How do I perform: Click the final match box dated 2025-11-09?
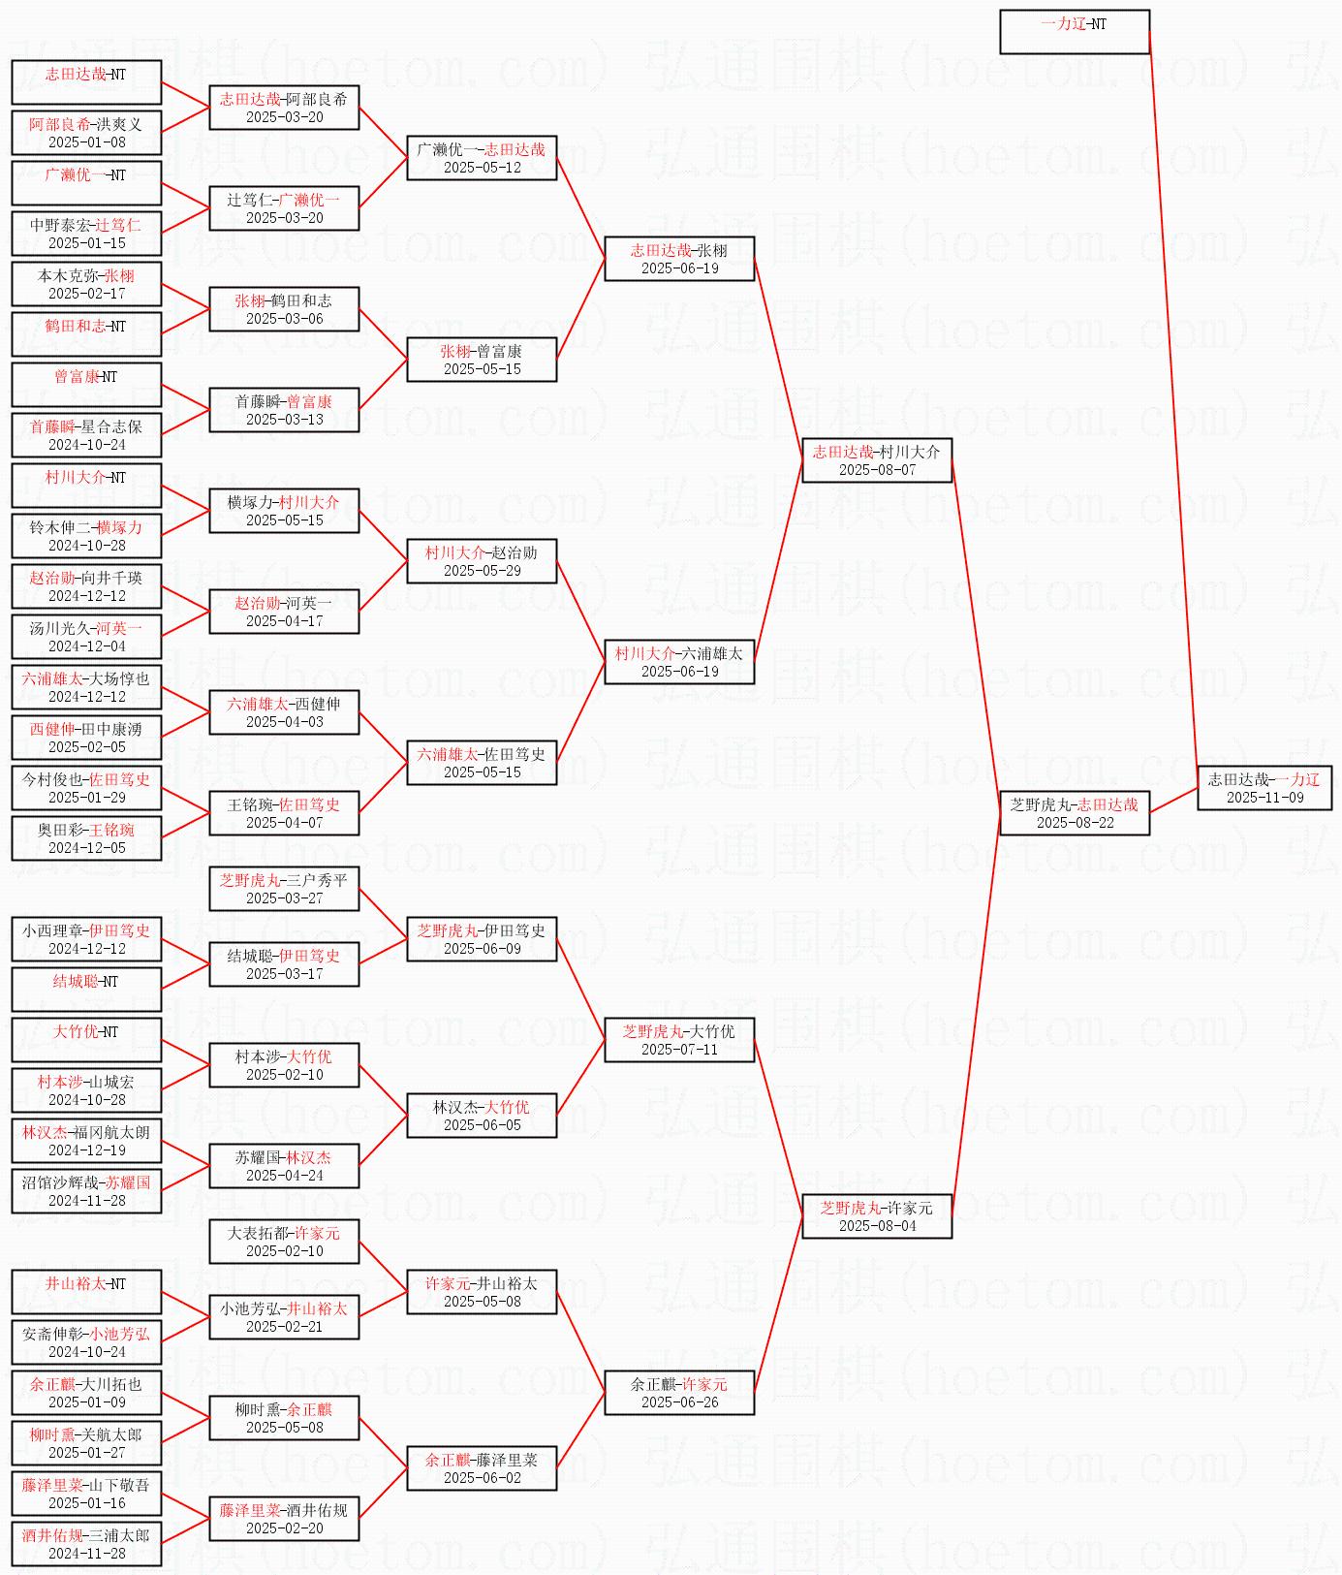pyautogui.click(x=1264, y=788)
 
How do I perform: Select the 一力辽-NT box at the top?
pyautogui.click(x=1075, y=32)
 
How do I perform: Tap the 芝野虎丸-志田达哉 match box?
pyautogui.click(x=1075, y=813)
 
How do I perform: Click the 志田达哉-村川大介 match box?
pyautogui.click(x=877, y=460)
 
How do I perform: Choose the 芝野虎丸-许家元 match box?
pyautogui.click(x=877, y=1216)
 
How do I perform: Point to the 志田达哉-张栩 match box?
pyautogui.click(x=679, y=259)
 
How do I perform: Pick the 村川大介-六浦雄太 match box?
pyautogui.click(x=679, y=662)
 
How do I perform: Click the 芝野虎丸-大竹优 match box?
pyautogui.click(x=679, y=1040)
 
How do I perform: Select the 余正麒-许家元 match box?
pyautogui.click(x=679, y=1393)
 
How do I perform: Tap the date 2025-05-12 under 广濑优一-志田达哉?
pyautogui.click(x=482, y=168)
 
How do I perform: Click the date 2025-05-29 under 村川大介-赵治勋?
pyautogui.click(x=482, y=571)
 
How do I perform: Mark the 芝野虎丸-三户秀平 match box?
pyautogui.click(x=284, y=889)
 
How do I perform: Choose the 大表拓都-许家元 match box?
pyautogui.click(x=284, y=1242)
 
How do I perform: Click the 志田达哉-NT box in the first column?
pyautogui.click(x=86, y=82)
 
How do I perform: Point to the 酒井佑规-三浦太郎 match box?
pyautogui.click(x=86, y=1544)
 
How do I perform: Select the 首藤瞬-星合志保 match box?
pyautogui.click(x=86, y=435)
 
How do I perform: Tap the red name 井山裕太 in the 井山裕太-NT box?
pyautogui.click(x=75, y=1283)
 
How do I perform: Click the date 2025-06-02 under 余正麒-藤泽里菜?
pyautogui.click(x=482, y=1478)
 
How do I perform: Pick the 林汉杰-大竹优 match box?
pyautogui.click(x=482, y=1116)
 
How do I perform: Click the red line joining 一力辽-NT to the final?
pyautogui.click(x=1172, y=407)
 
